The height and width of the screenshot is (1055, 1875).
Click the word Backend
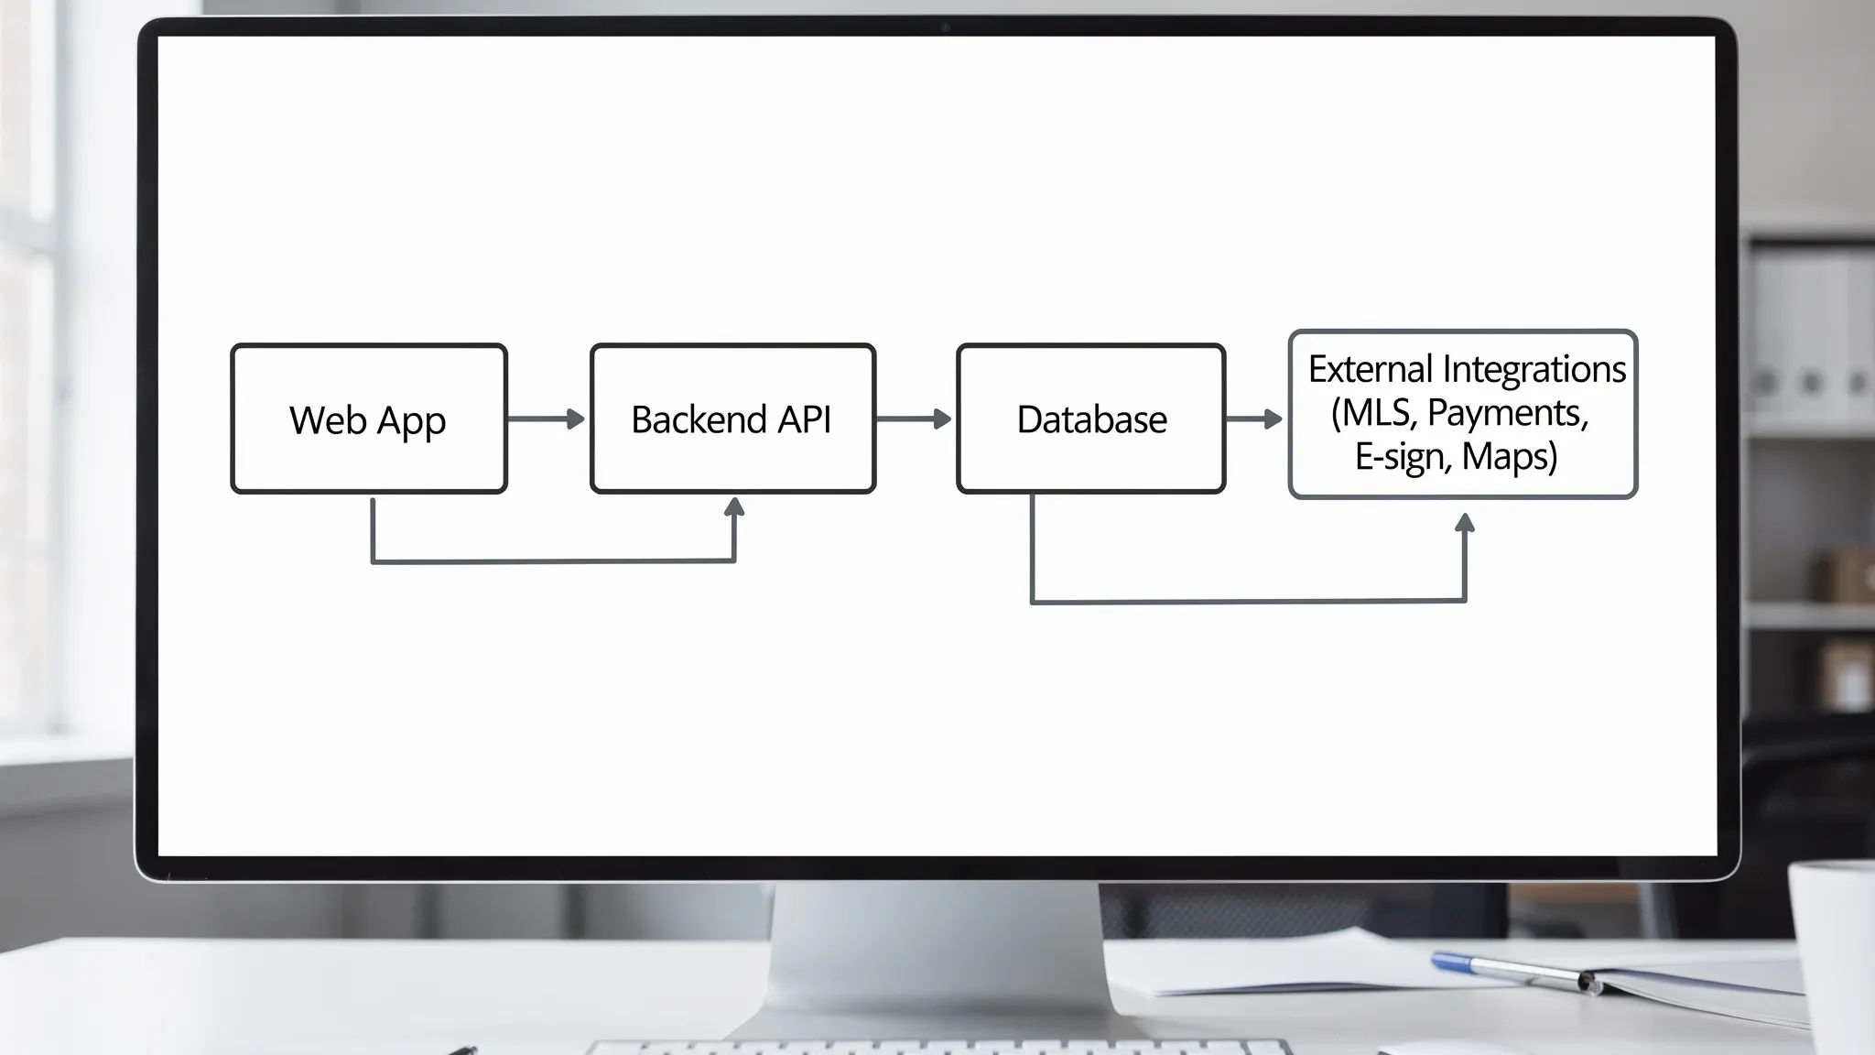click(699, 419)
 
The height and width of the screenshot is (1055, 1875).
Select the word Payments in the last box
click(1507, 413)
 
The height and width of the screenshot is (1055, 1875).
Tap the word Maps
click(1508, 456)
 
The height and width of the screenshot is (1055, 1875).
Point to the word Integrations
click(1534, 369)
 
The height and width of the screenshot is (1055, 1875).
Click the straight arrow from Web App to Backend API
click(546, 419)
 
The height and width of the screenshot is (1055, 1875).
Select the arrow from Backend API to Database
click(914, 419)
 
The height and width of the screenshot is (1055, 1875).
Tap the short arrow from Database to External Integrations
click(1254, 419)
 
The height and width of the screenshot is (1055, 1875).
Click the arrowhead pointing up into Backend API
click(734, 506)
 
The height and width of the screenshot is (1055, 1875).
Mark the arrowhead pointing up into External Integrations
click(1465, 523)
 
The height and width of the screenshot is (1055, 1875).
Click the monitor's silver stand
click(936, 952)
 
